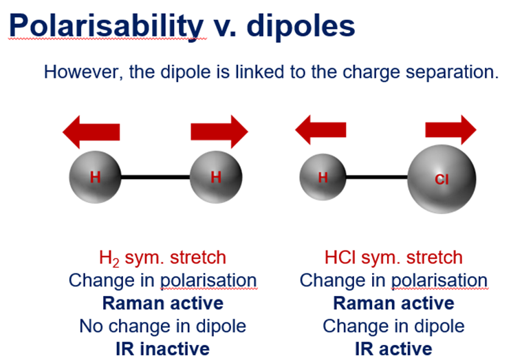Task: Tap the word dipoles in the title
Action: tap(301, 27)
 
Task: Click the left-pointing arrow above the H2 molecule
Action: tap(91, 132)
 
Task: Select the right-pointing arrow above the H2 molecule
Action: tap(219, 131)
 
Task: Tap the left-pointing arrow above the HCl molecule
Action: tap(320, 129)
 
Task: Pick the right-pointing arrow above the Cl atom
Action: tap(450, 129)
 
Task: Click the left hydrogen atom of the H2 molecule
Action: tap(95, 177)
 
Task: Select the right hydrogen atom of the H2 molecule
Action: tap(216, 177)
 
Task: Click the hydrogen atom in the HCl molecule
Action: tap(323, 177)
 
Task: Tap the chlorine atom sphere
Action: tap(442, 179)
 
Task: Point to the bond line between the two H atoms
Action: tap(155, 177)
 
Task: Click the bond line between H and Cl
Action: tap(377, 177)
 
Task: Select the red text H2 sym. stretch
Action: tap(162, 258)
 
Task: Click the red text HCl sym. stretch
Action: tap(393, 257)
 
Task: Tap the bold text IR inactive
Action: tap(162, 349)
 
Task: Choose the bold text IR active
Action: tap(393, 349)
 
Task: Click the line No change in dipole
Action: tap(162, 326)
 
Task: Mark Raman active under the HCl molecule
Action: tap(393, 304)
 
